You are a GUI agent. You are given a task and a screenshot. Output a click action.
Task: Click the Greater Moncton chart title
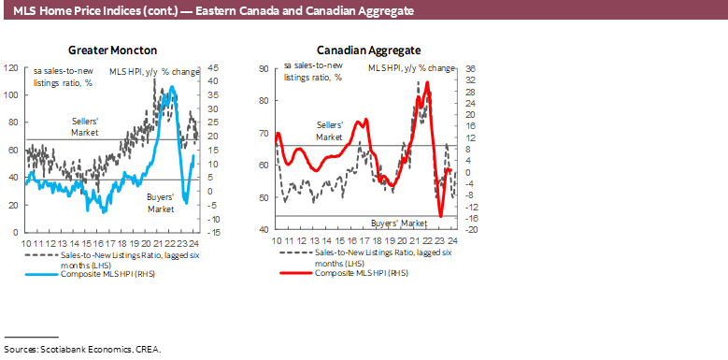110,50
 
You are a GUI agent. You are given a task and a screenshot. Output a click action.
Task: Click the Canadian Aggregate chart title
368,50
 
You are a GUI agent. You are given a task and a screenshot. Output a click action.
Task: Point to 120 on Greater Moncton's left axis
11,68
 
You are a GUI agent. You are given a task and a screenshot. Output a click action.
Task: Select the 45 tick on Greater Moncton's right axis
213,68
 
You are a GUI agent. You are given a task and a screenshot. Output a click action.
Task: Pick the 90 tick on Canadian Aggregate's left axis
264,68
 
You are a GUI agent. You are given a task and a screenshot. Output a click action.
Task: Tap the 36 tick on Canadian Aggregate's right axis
472,68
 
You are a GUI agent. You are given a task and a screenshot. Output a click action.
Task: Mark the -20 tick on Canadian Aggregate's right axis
472,229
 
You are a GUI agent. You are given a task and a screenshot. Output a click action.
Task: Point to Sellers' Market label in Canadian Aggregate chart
330,130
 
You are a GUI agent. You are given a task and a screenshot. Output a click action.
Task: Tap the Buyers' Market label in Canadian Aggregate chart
399,223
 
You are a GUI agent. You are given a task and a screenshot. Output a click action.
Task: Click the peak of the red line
428,82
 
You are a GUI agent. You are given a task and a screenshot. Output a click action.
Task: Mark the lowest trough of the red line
440,216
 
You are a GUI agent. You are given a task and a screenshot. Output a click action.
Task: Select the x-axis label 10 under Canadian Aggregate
277,240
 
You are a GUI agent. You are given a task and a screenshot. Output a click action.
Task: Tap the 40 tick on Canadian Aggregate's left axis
264,229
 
